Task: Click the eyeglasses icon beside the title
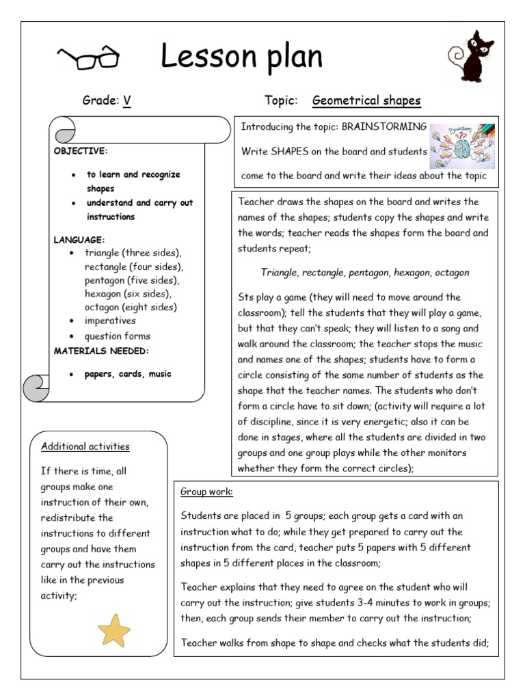coord(89,59)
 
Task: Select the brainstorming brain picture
coord(462,144)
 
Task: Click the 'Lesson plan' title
coord(241,58)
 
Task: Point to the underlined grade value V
coord(126,101)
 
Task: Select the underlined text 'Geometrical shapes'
coord(366,101)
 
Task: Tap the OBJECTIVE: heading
coord(81,151)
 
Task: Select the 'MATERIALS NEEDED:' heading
coord(101,351)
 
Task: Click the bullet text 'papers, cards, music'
coord(128,374)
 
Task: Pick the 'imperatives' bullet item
coord(110,321)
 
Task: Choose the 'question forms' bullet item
coord(117,336)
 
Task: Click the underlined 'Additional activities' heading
coord(85,446)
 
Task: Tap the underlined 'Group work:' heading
coord(206,492)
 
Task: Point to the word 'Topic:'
coord(281,101)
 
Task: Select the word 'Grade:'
coord(100,101)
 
